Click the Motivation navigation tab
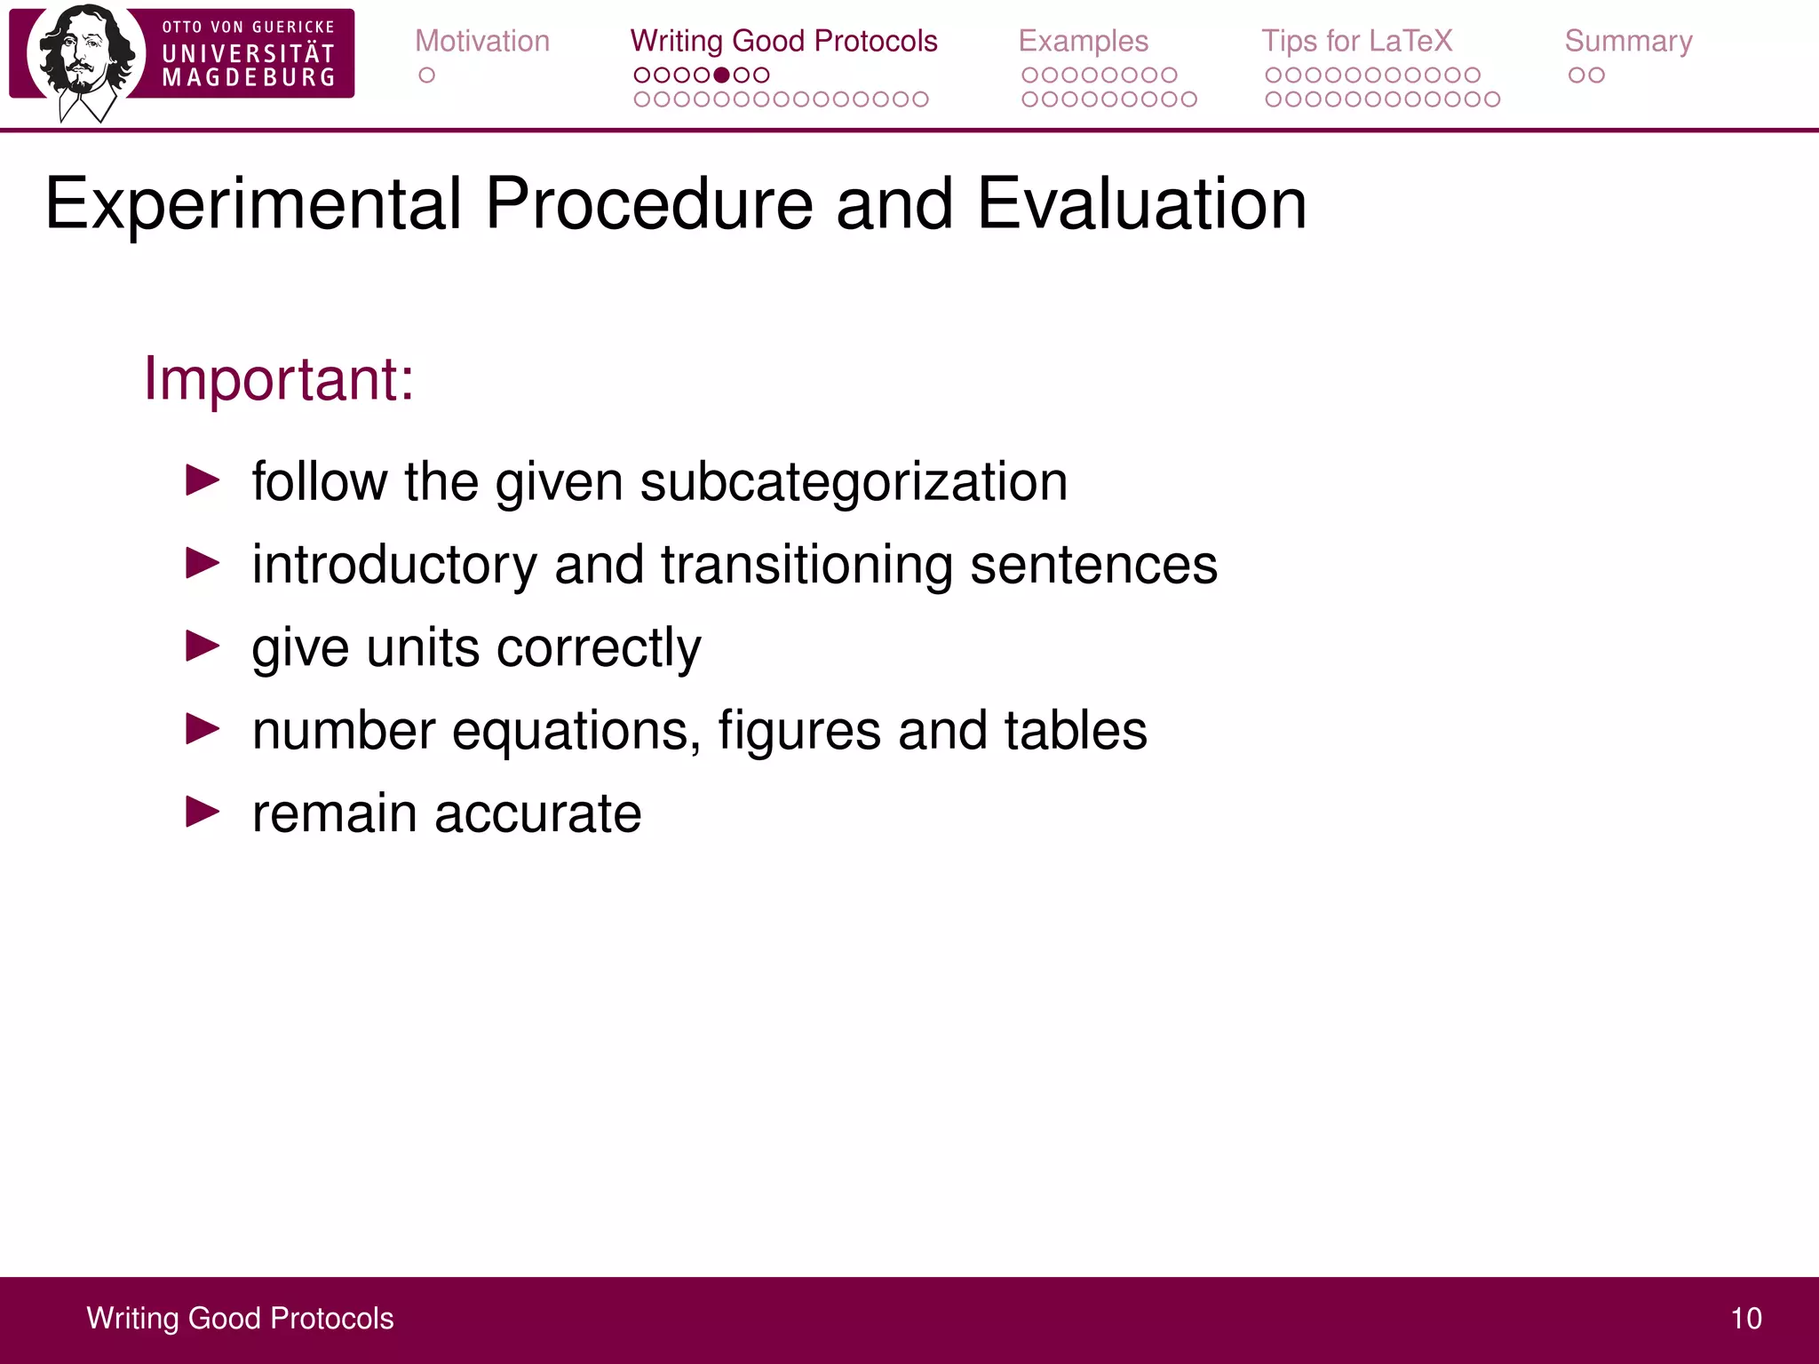[x=482, y=41]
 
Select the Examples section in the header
[x=1083, y=41]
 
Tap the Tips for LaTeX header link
[x=1356, y=41]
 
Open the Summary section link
[x=1628, y=41]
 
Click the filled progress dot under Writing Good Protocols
[x=721, y=75]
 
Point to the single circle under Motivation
[x=426, y=75]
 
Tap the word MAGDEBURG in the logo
[x=249, y=78]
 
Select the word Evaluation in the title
[x=1141, y=204]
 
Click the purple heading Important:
[x=279, y=379]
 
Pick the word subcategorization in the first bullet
[x=853, y=482]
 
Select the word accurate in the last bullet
[x=537, y=813]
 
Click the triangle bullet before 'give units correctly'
[x=203, y=646]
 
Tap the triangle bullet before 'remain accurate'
[x=203, y=811]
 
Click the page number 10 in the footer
[x=1745, y=1319]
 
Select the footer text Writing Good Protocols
[x=240, y=1319]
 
